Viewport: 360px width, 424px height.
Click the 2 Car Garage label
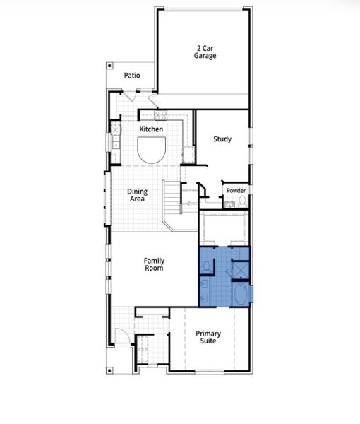tap(206, 52)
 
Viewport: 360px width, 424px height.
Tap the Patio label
tap(132, 75)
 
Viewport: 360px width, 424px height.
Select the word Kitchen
tap(151, 129)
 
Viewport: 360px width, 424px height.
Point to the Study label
tap(222, 139)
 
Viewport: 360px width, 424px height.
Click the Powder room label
tap(236, 191)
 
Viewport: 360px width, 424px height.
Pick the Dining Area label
tap(136, 195)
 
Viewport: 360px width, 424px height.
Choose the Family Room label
tap(154, 265)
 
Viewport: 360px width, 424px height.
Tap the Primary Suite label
tap(208, 336)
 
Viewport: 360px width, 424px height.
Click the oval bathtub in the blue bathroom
tap(241, 293)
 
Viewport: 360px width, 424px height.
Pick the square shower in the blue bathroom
tap(241, 269)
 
